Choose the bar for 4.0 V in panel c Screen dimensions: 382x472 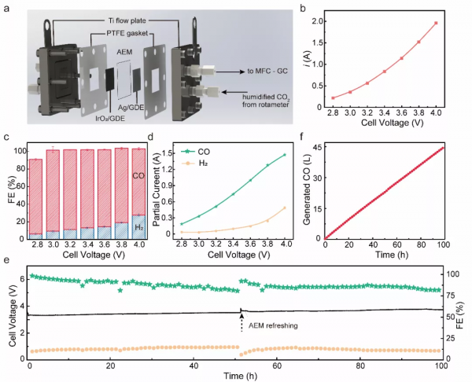pos(139,193)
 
